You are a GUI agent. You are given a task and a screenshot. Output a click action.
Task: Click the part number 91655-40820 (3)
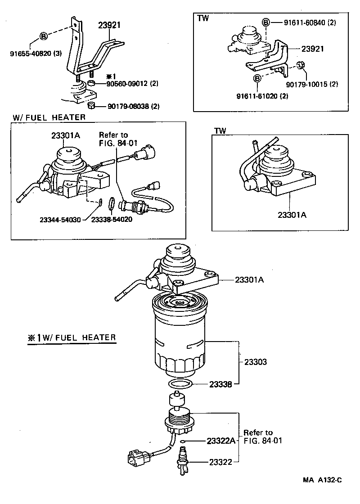coord(36,54)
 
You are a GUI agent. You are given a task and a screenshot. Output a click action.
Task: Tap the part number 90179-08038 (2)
coord(133,106)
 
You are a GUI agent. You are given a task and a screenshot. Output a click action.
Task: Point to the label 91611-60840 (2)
coord(310,22)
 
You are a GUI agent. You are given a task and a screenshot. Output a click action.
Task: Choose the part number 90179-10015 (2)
coord(312,84)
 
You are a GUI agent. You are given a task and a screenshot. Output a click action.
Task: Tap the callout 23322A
coord(221,441)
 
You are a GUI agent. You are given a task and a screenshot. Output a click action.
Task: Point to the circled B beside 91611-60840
coord(266,22)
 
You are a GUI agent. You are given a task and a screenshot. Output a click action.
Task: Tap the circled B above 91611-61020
coord(257,79)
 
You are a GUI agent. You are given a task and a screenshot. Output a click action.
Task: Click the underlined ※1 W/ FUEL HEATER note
coord(72,337)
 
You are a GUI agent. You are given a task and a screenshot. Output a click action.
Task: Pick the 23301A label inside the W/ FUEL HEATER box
coord(66,135)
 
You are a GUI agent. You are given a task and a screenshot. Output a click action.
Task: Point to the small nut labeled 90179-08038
coord(91,105)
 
